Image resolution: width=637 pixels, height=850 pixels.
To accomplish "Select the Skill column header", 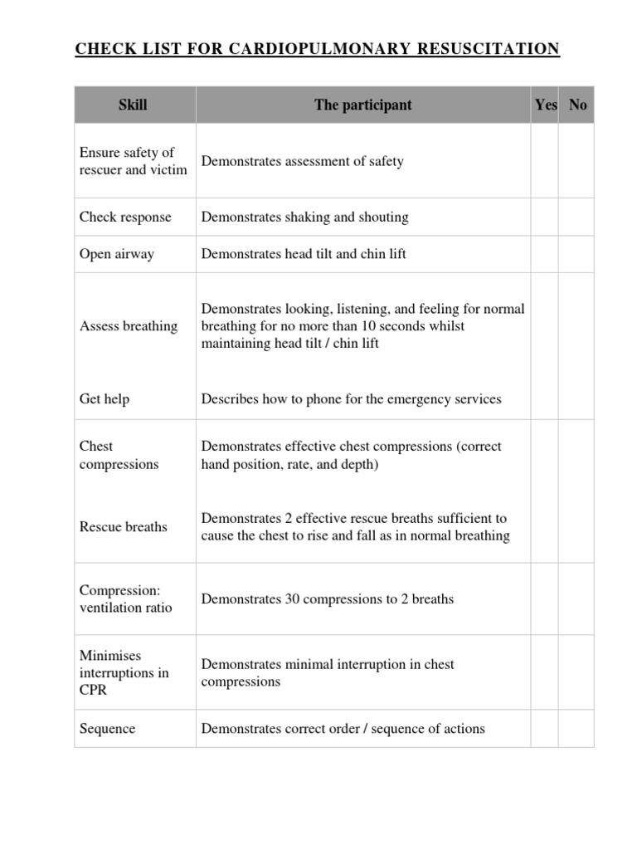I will tap(133, 105).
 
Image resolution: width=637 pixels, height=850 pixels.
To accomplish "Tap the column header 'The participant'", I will tap(362, 105).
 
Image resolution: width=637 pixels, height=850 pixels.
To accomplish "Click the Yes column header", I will tap(546, 105).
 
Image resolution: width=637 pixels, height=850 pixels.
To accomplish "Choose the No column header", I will tap(578, 105).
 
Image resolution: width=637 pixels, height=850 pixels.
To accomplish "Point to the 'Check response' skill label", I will tap(125, 217).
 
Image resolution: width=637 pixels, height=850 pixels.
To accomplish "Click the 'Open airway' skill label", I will tap(116, 254).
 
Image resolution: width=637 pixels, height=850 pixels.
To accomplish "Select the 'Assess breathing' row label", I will tap(128, 326).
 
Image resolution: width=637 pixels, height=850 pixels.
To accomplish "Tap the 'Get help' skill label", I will tap(105, 399).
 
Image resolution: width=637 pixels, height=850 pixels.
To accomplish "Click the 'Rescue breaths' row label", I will tap(123, 527).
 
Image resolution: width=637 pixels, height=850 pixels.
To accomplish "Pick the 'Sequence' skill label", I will tap(107, 729).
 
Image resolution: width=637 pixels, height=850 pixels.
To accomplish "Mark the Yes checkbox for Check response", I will tap(545, 217).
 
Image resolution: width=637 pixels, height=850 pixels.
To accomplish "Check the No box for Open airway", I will tap(576, 254).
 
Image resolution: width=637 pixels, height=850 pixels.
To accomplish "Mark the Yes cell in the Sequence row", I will tap(545, 729).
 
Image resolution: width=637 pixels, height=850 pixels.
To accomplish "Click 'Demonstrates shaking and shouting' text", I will tap(304, 217).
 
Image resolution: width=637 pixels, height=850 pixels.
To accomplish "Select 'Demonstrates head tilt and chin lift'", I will tap(304, 254).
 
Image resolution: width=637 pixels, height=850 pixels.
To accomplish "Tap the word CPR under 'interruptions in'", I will tap(94, 691).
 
